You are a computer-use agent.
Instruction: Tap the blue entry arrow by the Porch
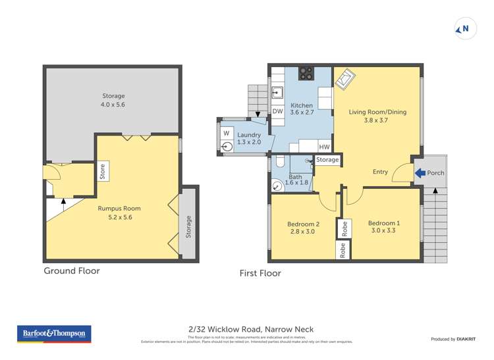[x=420, y=173]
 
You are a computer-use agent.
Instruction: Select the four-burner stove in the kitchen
[x=306, y=74]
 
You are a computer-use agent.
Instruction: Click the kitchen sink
[x=277, y=91]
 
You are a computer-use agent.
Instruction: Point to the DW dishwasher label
[x=278, y=112]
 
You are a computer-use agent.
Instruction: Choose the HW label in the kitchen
[x=324, y=147]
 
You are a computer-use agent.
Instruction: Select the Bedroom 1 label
[x=384, y=227]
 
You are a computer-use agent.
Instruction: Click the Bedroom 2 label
[x=303, y=228]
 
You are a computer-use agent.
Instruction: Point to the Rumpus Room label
[x=119, y=212]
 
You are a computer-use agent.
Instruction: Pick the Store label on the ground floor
[x=102, y=171]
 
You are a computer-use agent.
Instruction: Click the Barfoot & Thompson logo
[x=54, y=334]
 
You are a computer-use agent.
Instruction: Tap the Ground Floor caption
[x=72, y=270]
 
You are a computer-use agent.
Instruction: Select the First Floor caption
[x=260, y=273]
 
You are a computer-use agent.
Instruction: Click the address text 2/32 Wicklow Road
[x=251, y=329]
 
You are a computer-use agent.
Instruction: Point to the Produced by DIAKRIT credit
[x=453, y=339]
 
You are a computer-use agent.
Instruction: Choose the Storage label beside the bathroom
[x=327, y=160]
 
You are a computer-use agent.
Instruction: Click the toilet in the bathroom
[x=278, y=162]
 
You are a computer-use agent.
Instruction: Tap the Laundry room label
[x=249, y=138]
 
